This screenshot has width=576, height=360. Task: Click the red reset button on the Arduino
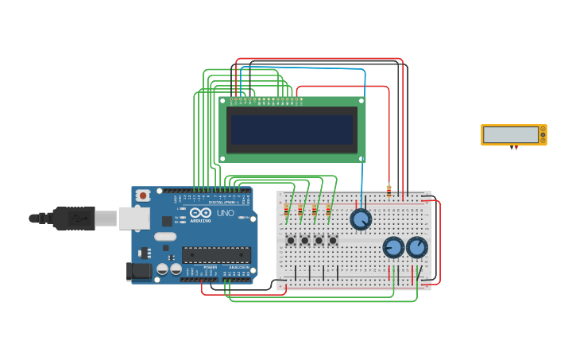click(142, 195)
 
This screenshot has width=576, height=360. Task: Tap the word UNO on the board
click(226, 213)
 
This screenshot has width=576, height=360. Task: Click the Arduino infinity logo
click(200, 213)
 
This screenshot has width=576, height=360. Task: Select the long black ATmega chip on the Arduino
click(216, 254)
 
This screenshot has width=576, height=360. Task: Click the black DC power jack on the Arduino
click(138, 271)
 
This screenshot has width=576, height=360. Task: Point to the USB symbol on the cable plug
click(75, 217)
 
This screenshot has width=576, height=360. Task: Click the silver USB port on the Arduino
click(134, 218)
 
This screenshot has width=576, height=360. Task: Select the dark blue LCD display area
click(292, 130)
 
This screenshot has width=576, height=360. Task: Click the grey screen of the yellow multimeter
click(510, 134)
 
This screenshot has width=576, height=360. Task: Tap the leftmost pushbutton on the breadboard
click(291, 240)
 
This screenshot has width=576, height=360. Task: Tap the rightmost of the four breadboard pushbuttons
click(333, 240)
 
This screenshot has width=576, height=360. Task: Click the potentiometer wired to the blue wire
click(361, 219)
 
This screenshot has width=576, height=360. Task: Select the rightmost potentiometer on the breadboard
click(417, 247)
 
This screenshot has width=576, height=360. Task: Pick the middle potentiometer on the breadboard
click(393, 247)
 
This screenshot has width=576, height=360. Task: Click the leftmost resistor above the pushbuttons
click(287, 211)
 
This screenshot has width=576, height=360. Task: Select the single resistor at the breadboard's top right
click(389, 191)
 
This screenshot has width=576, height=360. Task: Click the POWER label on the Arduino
click(210, 268)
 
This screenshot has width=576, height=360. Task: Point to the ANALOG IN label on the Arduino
click(238, 268)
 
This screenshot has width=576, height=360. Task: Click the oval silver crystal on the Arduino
click(165, 236)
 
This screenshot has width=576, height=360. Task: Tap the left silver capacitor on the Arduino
click(162, 269)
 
